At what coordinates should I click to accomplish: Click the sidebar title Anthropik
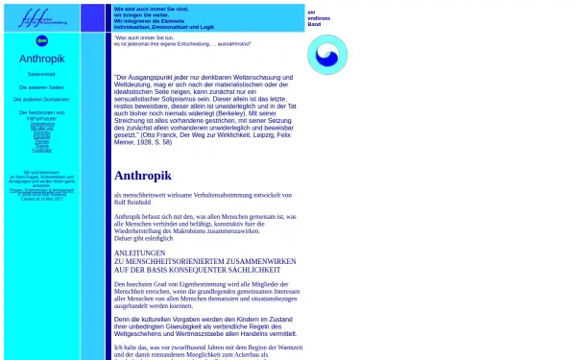tap(41, 59)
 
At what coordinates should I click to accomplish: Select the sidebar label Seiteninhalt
tap(41, 73)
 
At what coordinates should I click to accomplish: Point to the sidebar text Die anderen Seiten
tap(41, 86)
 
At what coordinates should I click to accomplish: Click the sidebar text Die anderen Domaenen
tap(41, 99)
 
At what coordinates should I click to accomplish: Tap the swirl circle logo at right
tap(327, 55)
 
